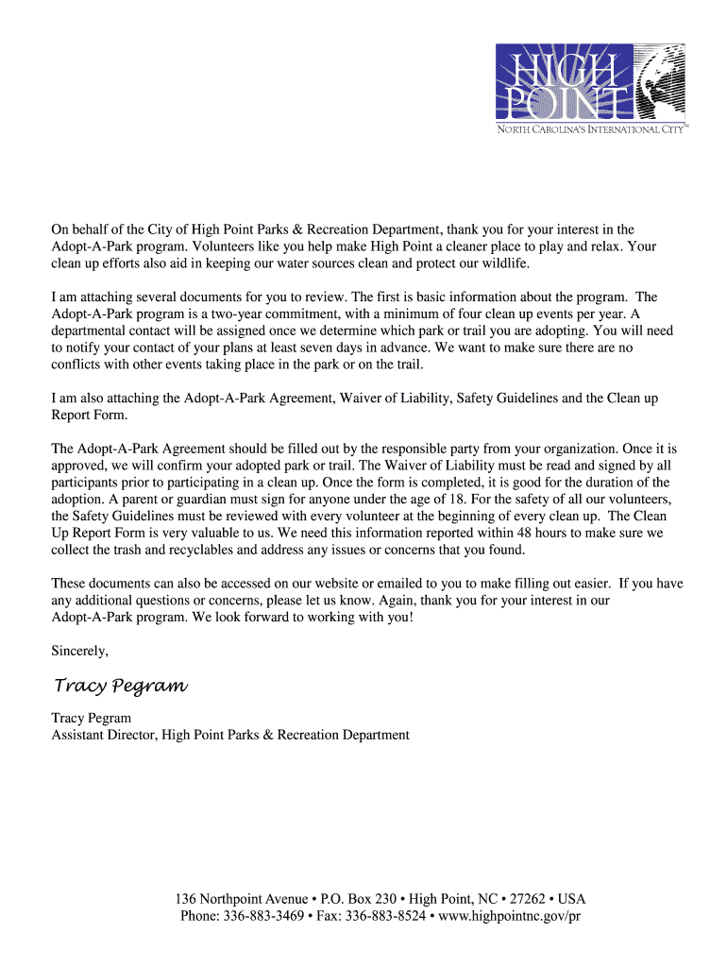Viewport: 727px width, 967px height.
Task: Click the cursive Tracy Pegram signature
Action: click(x=120, y=685)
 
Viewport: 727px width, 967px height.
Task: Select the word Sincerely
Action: click(x=79, y=650)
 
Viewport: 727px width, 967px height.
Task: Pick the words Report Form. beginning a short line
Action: click(x=88, y=416)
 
